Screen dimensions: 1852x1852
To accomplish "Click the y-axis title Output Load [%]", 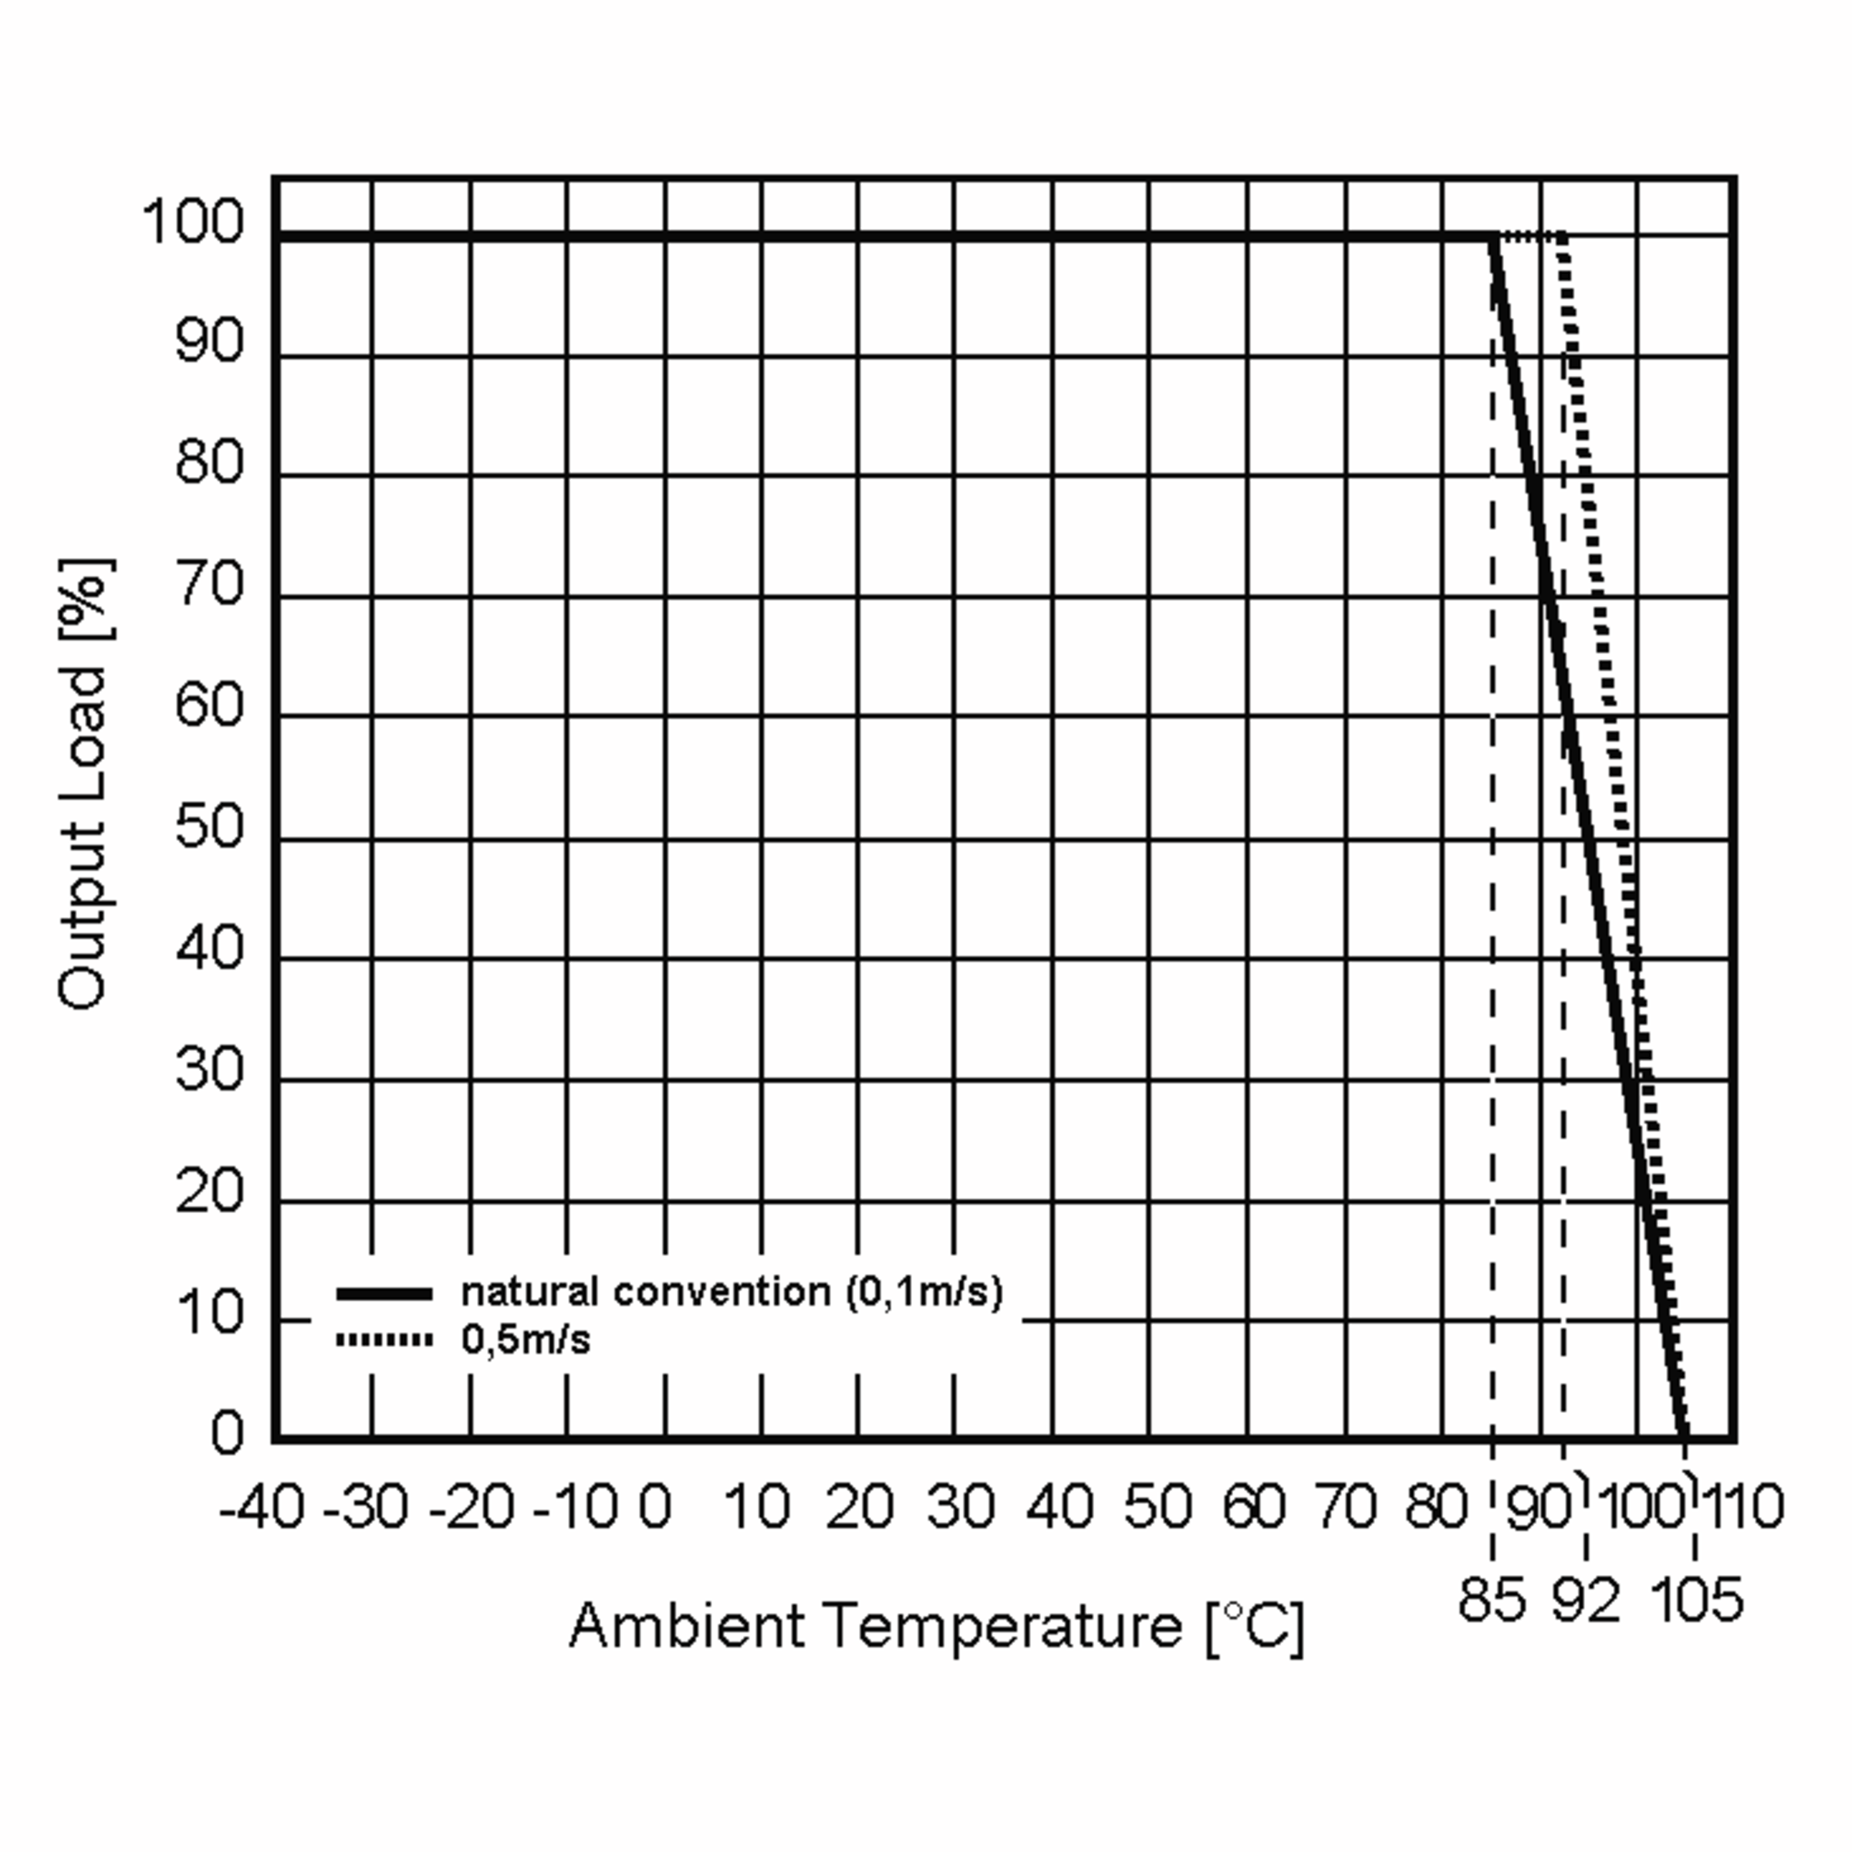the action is click(x=84, y=782).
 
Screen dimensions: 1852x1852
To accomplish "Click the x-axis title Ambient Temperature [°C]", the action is click(x=937, y=1627).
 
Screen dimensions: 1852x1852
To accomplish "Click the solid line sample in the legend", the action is click(x=384, y=1294).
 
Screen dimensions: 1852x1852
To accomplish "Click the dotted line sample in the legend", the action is click(x=384, y=1339).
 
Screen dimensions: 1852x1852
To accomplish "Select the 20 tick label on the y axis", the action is click(x=210, y=1191).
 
